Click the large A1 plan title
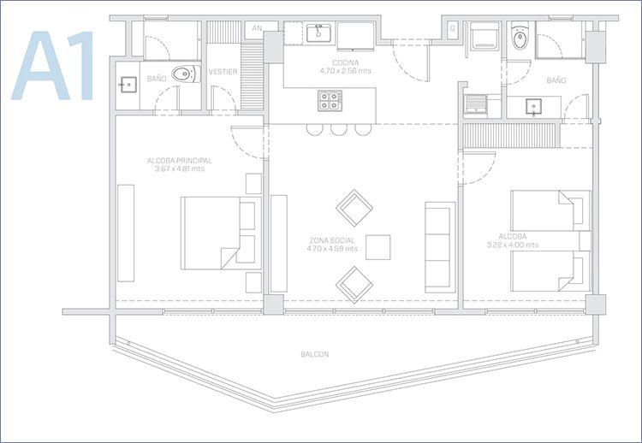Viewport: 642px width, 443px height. point(53,66)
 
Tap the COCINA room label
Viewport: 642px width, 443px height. point(346,62)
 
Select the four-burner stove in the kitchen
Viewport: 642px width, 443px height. point(330,100)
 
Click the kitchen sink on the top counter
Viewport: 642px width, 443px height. point(319,33)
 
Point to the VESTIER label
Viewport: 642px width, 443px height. point(223,72)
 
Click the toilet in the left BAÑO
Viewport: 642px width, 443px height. point(187,74)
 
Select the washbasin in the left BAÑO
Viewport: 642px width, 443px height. point(128,85)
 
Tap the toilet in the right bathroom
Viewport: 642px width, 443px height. point(520,36)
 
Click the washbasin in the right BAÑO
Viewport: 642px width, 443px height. point(534,107)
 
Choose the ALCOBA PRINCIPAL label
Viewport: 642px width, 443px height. point(180,160)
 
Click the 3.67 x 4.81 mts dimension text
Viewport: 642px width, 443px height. point(180,168)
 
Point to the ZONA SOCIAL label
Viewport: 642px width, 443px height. point(332,240)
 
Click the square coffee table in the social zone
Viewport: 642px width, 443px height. point(377,247)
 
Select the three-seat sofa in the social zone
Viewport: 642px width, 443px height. point(440,247)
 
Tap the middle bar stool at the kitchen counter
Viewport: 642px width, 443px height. point(339,129)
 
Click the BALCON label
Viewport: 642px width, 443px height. point(315,354)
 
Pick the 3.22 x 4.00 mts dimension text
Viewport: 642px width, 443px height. point(513,245)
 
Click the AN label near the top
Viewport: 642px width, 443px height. point(257,28)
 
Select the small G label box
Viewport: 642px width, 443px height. point(453,29)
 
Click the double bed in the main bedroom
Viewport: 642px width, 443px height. point(221,233)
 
